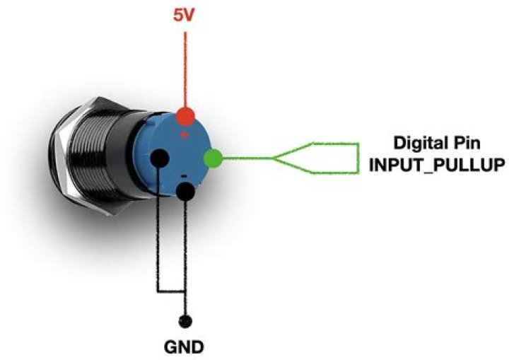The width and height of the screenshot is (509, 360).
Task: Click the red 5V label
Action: pyautogui.click(x=183, y=16)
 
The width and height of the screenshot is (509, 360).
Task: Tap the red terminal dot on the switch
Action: pyautogui.click(x=185, y=116)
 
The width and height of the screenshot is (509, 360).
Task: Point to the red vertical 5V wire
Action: pyautogui.click(x=185, y=69)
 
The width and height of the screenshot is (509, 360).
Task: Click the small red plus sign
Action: pyautogui.click(x=185, y=134)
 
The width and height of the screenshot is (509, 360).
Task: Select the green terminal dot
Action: pyautogui.click(x=213, y=158)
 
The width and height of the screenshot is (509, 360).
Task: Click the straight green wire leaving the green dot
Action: pyautogui.click(x=247, y=158)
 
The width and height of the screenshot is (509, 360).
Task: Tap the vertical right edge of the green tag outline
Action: pyautogui.click(x=358, y=158)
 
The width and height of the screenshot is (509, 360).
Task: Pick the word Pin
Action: pyautogui.click(x=468, y=143)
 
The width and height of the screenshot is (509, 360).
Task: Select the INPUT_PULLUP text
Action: pyautogui.click(x=437, y=165)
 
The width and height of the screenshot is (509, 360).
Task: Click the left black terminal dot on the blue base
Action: pyautogui.click(x=159, y=158)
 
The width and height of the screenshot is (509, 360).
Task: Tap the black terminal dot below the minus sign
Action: pyautogui.click(x=185, y=191)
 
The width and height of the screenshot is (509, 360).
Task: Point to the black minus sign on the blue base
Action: pyautogui.click(x=184, y=176)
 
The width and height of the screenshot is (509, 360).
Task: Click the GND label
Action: pyautogui.click(x=184, y=347)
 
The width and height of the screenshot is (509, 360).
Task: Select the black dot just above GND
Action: pyautogui.click(x=185, y=321)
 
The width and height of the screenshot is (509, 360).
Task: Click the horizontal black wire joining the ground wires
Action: pyautogui.click(x=171, y=291)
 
